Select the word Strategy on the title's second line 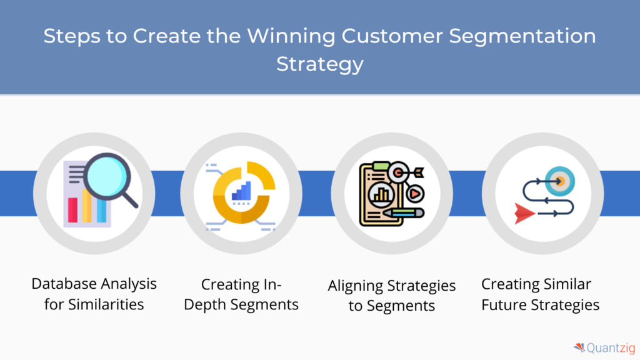pyautogui.click(x=320, y=65)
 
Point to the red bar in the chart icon pyautogui.click(x=72, y=210)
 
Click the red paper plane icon pyautogui.click(x=524, y=214)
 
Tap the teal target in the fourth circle pyautogui.click(x=560, y=181)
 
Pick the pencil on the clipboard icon pyautogui.click(x=403, y=213)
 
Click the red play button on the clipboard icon pyautogui.click(x=415, y=194)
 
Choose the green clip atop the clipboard pyautogui.click(x=381, y=166)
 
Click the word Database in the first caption pyautogui.click(x=64, y=284)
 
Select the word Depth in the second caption pyautogui.click(x=205, y=305)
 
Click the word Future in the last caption pyautogui.click(x=503, y=305)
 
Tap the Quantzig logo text pyautogui.click(x=611, y=348)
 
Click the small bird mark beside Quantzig pyautogui.click(x=579, y=347)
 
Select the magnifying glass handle pyautogui.click(x=129, y=199)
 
